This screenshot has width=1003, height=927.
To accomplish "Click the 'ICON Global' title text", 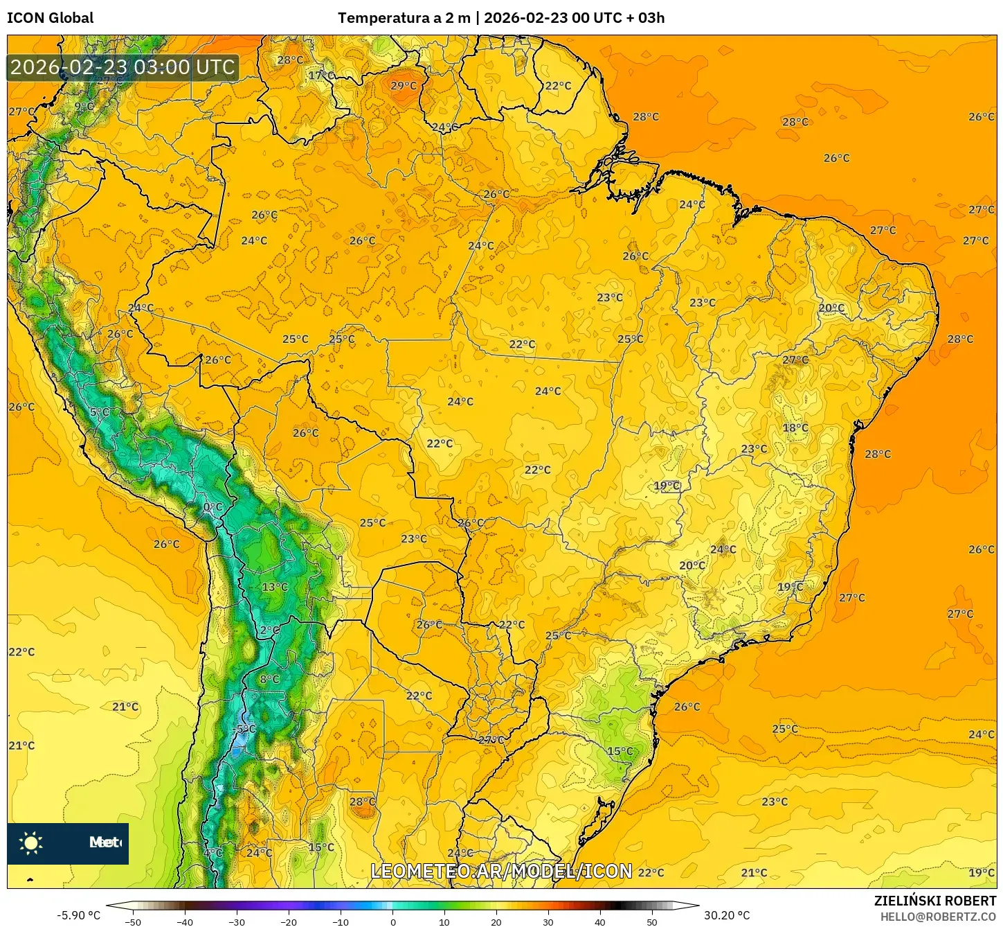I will tap(50, 18).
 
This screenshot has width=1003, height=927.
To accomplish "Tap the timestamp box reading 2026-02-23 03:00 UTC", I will tap(123, 67).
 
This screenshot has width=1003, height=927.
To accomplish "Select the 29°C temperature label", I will tap(404, 86).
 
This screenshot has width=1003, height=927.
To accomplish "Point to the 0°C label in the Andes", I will tap(213, 507).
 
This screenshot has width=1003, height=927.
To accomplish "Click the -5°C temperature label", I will tap(245, 729).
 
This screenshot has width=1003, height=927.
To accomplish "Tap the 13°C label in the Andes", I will tap(274, 587).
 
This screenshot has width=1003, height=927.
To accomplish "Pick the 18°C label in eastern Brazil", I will tap(795, 427).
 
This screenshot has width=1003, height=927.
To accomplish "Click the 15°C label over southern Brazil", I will tap(620, 751).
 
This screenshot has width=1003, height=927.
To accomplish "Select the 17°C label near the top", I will tap(320, 75).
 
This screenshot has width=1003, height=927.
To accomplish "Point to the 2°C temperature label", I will tap(270, 630).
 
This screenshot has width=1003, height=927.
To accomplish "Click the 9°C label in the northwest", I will tap(84, 106).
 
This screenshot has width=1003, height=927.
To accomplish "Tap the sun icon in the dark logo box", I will tap(31, 842).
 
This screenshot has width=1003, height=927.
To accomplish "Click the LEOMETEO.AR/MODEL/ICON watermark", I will tap(501, 872).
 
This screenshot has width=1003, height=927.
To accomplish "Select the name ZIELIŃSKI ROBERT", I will tap(934, 901).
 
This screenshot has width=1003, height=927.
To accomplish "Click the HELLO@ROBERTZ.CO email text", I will tap(938, 917).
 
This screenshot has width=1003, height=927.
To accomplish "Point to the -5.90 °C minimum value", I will tap(78, 915).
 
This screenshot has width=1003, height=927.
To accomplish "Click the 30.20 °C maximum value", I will tap(727, 915).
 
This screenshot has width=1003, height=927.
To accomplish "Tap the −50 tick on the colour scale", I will tap(132, 922).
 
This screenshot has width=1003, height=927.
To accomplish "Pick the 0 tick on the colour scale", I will tap(392, 922).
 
